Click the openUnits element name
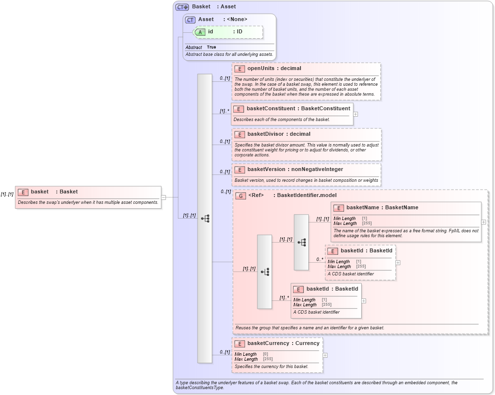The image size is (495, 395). [x=261, y=69]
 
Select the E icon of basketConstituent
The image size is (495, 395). [x=238, y=109]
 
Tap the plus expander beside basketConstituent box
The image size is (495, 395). [x=355, y=114]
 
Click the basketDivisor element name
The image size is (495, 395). [x=265, y=134]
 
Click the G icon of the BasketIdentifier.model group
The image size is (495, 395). [x=240, y=196]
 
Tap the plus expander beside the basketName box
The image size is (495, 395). [x=484, y=222]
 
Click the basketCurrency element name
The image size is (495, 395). [x=268, y=344]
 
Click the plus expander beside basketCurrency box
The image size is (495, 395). [x=325, y=355]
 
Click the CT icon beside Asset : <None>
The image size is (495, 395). [x=190, y=20]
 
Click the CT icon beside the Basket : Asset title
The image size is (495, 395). [x=182, y=7]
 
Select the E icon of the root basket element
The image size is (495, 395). [x=23, y=192]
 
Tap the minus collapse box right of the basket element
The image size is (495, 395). [x=163, y=197]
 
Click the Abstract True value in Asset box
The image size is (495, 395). [x=211, y=47]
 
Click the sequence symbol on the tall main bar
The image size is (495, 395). [x=205, y=219]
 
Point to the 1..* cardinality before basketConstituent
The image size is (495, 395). [x=224, y=111]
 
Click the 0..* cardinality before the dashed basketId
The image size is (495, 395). [x=320, y=259]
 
